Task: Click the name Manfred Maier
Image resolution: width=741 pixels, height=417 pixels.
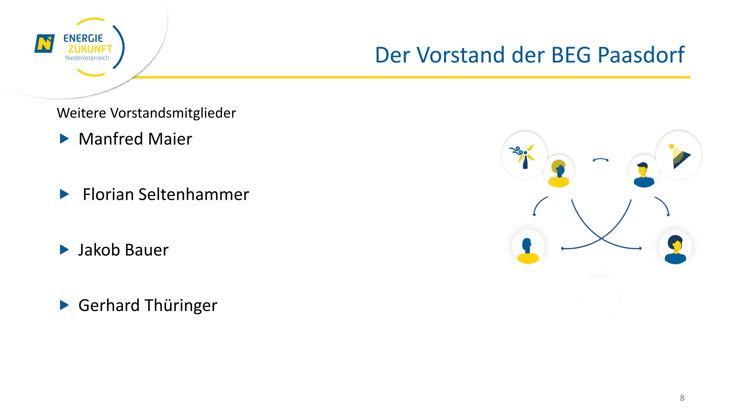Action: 135,139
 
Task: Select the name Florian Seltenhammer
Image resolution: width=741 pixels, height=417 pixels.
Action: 166,194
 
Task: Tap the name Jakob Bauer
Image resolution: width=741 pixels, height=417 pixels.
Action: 123,250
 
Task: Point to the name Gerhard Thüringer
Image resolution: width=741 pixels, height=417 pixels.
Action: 148,305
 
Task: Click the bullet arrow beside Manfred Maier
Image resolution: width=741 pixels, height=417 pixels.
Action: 64,139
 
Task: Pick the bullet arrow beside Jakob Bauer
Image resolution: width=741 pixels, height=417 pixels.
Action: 64,250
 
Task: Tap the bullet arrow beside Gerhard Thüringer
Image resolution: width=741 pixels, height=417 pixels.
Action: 64,305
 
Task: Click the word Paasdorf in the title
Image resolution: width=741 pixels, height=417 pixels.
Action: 641,55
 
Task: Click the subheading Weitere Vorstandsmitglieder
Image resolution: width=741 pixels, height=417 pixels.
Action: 146,113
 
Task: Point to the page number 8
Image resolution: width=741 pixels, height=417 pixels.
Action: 682,398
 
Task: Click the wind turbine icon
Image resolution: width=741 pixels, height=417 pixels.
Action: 524,156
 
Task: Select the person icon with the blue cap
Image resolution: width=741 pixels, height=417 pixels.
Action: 644,175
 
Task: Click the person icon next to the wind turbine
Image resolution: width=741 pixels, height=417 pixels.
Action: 559,173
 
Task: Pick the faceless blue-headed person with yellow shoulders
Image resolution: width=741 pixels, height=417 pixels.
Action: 528,251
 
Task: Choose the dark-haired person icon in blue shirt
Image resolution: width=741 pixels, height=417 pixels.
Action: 675,249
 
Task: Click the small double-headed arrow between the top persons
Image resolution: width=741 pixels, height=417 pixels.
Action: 601,160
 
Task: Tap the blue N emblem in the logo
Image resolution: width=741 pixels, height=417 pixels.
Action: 44,43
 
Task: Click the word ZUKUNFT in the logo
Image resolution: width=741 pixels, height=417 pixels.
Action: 90,49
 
